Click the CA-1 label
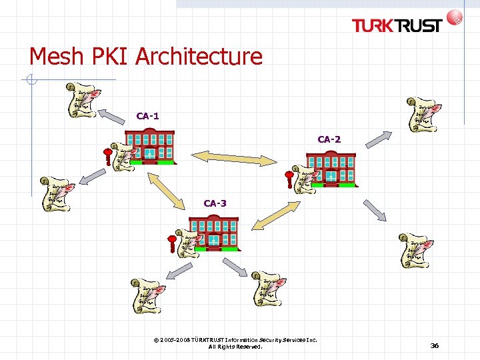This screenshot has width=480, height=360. [147, 116]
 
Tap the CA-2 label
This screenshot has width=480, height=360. [329, 139]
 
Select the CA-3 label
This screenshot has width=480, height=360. [215, 203]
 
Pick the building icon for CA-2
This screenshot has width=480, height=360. [331, 169]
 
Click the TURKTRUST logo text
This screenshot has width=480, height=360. [397, 25]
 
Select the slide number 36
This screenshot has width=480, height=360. [435, 345]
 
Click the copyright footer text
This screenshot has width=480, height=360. [235, 343]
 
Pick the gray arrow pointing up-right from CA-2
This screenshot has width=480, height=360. [379, 137]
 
